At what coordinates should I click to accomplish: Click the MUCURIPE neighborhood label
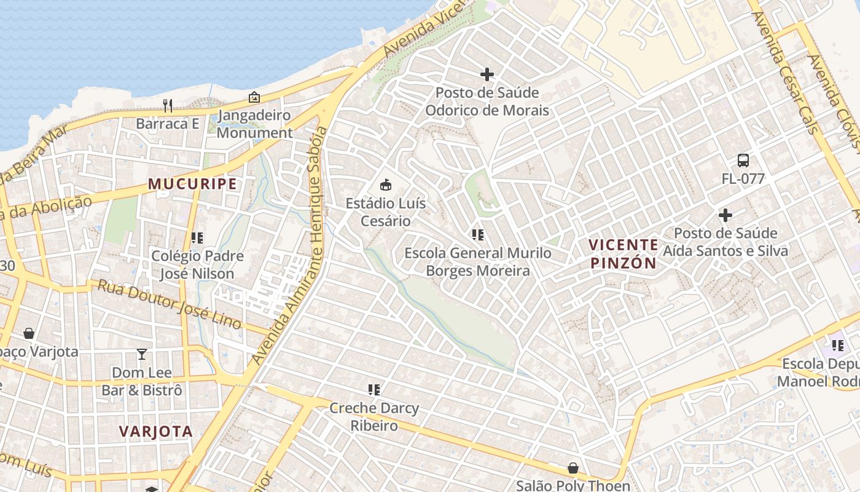(192, 184)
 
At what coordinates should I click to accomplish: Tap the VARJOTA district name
(156, 431)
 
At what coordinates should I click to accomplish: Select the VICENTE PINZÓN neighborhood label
(623, 254)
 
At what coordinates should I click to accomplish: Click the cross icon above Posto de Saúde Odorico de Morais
(487, 74)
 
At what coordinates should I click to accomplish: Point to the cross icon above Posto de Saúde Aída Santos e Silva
(725, 215)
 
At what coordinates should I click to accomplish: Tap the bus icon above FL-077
(743, 161)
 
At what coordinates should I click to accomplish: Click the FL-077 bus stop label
(743, 179)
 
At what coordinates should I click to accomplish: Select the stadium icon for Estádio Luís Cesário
(386, 184)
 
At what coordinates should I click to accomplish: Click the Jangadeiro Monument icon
(254, 97)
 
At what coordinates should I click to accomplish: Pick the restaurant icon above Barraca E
(168, 105)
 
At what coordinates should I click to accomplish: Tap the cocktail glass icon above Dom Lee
(142, 354)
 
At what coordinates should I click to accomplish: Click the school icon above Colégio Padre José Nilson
(197, 237)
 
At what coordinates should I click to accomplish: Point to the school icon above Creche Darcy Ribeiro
(374, 389)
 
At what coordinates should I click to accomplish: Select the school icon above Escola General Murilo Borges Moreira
(477, 234)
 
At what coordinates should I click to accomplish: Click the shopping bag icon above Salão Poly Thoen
(573, 468)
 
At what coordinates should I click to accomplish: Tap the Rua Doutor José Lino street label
(170, 304)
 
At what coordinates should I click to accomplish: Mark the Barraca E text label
(168, 124)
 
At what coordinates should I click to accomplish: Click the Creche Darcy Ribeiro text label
(374, 416)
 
